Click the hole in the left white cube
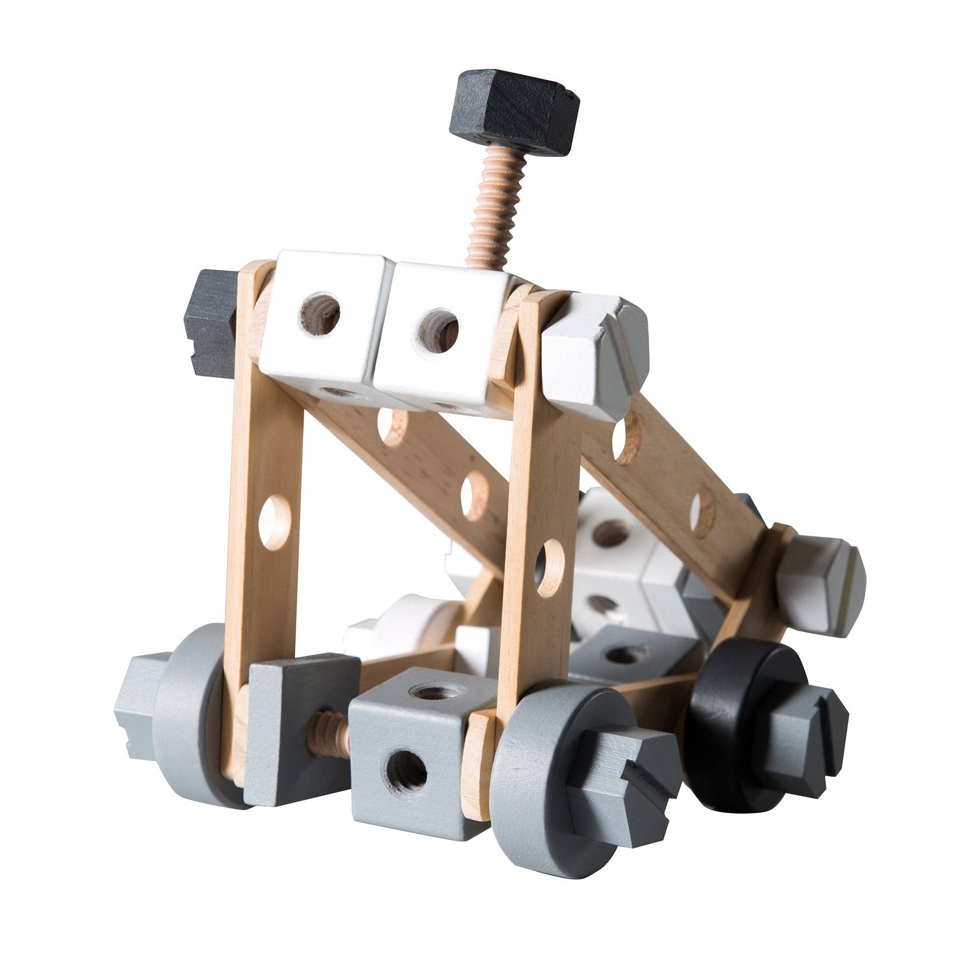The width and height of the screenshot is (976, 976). (320, 315)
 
